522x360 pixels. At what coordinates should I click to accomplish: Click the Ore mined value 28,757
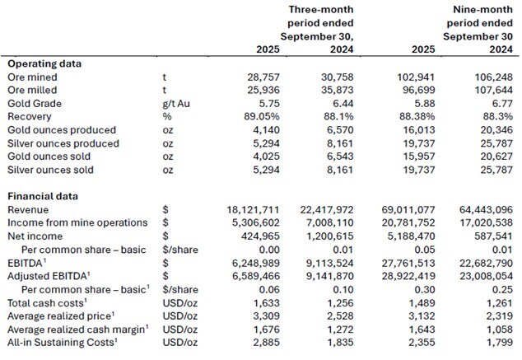tap(254, 76)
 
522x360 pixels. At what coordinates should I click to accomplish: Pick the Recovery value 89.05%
tap(251, 116)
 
